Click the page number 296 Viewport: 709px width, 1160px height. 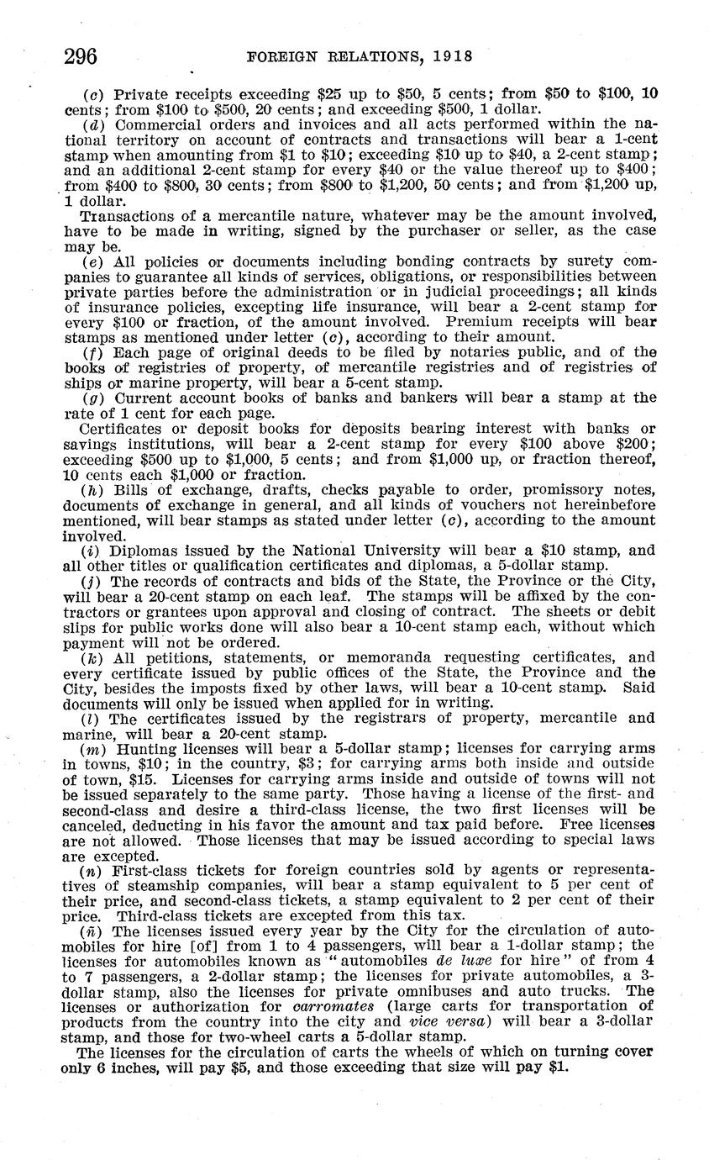pyautogui.click(x=81, y=56)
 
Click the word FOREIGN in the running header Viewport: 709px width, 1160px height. pyautogui.click(x=283, y=56)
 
